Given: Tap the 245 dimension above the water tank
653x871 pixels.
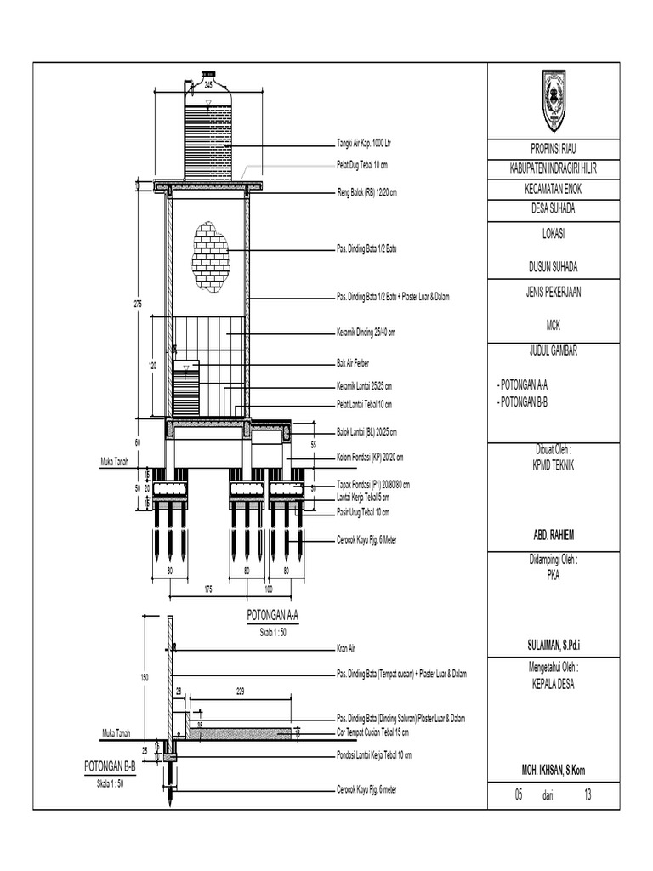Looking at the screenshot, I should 207,85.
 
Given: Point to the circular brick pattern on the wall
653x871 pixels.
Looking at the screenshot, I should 211,255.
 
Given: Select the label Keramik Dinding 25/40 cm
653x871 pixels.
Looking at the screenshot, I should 366,333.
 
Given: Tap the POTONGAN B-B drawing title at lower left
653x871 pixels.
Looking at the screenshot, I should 110,767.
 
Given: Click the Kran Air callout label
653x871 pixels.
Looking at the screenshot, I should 348,648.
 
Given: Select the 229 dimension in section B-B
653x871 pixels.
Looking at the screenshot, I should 239,692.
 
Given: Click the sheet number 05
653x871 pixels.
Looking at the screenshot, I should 517,796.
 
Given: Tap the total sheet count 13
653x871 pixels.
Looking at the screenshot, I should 587,796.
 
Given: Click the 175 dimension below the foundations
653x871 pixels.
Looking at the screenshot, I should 207,589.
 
